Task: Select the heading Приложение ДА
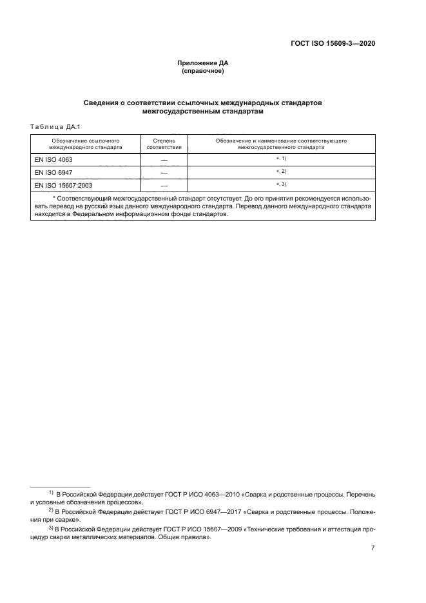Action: [x=203, y=63]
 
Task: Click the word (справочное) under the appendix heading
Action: [x=203, y=71]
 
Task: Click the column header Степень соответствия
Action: [x=164, y=143]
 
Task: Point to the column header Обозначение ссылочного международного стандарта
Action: [x=81, y=143]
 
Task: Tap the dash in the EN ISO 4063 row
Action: [x=164, y=160]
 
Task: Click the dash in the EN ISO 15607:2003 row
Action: [x=164, y=186]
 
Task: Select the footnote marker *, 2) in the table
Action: [x=281, y=171]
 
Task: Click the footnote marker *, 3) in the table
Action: [x=281, y=184]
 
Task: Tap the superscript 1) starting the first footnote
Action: [x=51, y=493]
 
